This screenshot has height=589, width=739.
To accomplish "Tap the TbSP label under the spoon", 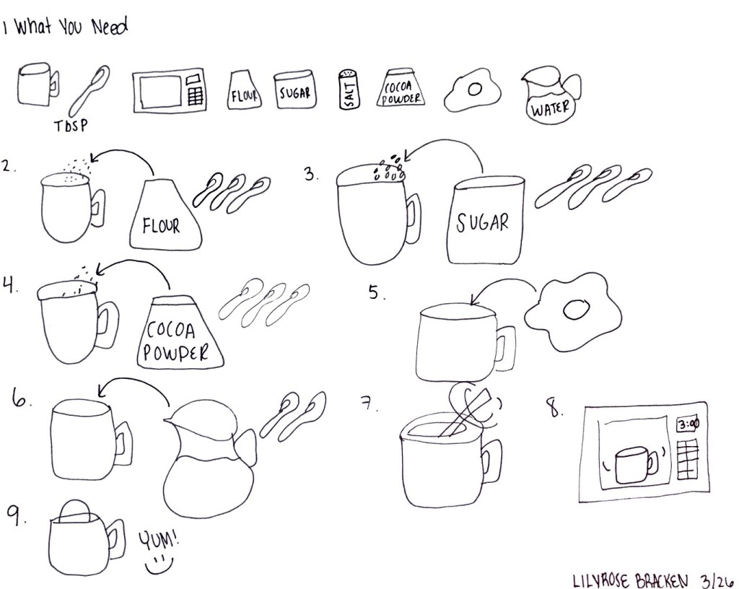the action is [x=71, y=126].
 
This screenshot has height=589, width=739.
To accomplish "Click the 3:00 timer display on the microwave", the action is [x=688, y=424].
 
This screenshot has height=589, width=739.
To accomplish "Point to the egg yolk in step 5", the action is [x=576, y=310].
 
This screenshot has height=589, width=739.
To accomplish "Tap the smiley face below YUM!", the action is [x=159, y=564].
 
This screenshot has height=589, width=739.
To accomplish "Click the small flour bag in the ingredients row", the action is [x=244, y=90].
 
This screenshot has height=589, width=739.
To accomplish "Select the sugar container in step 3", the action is [x=486, y=219].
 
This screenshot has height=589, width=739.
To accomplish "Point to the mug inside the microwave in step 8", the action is [x=635, y=465].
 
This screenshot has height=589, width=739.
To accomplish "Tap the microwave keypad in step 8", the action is [x=688, y=458].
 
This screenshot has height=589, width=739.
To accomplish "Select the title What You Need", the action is [x=71, y=27].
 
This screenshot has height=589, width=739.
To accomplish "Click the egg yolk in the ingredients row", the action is [x=475, y=89].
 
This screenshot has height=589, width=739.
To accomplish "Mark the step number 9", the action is [x=15, y=515].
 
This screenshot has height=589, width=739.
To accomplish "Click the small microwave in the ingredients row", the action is [x=170, y=91].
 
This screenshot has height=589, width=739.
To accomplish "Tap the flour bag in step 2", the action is [x=165, y=214].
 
